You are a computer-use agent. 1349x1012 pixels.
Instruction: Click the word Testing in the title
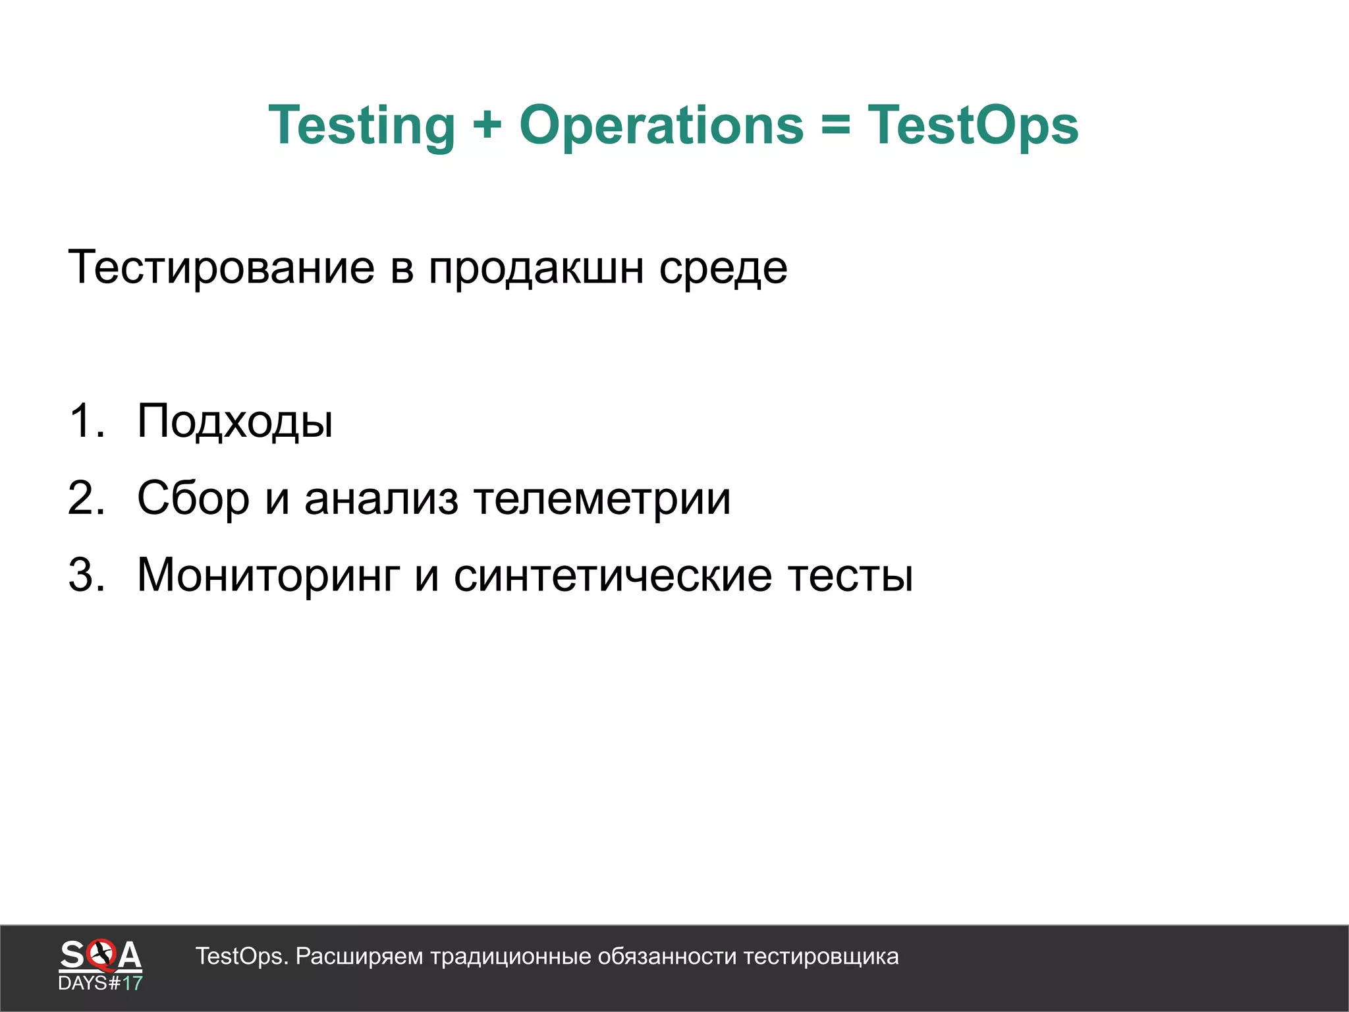362,126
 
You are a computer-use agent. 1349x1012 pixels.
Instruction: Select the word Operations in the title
661,126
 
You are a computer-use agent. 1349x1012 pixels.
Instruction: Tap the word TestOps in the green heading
973,126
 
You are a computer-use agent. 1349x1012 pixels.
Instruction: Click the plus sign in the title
487,125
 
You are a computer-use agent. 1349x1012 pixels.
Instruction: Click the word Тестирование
221,267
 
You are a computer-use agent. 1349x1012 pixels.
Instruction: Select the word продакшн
536,269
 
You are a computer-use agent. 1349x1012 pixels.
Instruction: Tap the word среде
723,269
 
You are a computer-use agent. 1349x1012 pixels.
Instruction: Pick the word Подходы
235,422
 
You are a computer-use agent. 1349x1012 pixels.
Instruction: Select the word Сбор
193,499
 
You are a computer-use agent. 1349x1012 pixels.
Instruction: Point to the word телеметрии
602,499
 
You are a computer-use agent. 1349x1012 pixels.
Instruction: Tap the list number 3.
86,575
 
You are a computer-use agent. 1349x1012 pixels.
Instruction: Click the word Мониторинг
269,576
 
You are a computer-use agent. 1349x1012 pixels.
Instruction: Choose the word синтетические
613,575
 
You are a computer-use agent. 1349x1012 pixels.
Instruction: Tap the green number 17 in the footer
132,984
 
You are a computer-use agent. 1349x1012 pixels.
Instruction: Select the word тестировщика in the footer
821,957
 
